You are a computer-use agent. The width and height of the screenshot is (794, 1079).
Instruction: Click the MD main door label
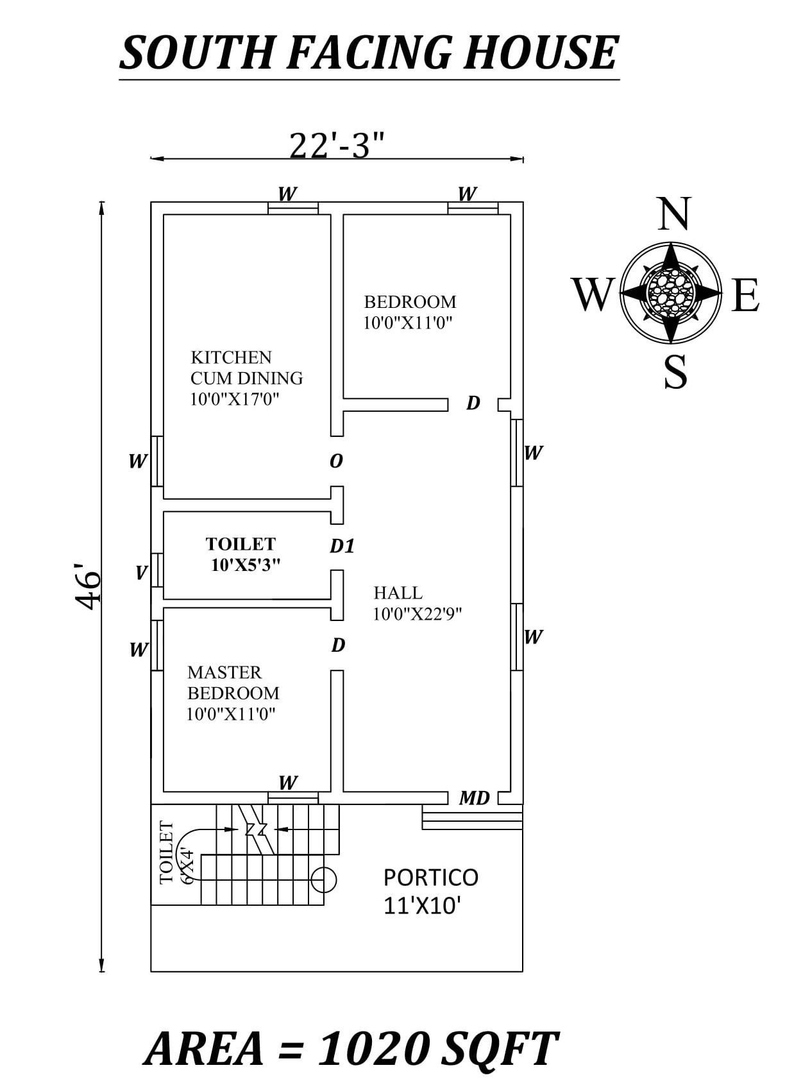point(474,798)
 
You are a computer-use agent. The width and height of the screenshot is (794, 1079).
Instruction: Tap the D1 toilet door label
point(342,546)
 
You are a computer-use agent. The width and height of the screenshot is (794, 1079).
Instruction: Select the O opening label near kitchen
point(336,461)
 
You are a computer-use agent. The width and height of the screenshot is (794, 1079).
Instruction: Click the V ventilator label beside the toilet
point(141,572)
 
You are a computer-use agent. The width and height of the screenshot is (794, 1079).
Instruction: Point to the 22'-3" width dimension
point(337,145)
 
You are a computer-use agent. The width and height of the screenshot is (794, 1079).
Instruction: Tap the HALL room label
point(398,592)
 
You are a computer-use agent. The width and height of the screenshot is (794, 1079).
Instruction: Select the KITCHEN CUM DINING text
point(246,368)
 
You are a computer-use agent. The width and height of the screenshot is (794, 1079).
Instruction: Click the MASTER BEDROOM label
point(233,683)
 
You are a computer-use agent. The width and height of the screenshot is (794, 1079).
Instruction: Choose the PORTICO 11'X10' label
point(430,890)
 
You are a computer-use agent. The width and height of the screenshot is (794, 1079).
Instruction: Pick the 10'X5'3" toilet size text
point(246,565)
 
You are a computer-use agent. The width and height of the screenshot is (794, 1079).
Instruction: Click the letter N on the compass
point(673,214)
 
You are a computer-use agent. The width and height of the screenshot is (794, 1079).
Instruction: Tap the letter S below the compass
point(675,372)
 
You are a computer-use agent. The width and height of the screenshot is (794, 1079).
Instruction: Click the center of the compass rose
point(671,293)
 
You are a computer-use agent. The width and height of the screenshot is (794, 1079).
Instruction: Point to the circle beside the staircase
point(323,879)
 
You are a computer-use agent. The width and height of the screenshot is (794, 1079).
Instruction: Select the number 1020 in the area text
point(374,1049)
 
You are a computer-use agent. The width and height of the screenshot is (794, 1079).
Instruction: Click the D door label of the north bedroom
point(473,403)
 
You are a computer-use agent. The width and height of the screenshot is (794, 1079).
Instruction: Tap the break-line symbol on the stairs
point(256,829)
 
